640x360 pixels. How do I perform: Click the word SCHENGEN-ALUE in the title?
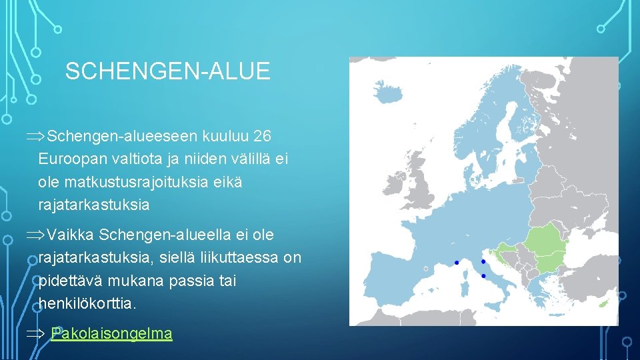tap(167, 71)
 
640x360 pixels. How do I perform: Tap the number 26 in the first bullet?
tap(263, 136)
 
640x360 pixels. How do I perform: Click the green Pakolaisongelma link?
tap(111, 333)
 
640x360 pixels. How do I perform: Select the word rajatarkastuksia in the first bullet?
tap(94, 205)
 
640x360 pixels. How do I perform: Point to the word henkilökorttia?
tap(87, 303)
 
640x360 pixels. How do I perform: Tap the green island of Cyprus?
tap(606, 303)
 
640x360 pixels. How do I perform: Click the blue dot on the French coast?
tap(457, 263)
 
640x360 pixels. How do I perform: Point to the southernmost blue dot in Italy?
tap(483, 275)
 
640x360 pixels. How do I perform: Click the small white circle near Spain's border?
tap(426, 269)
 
